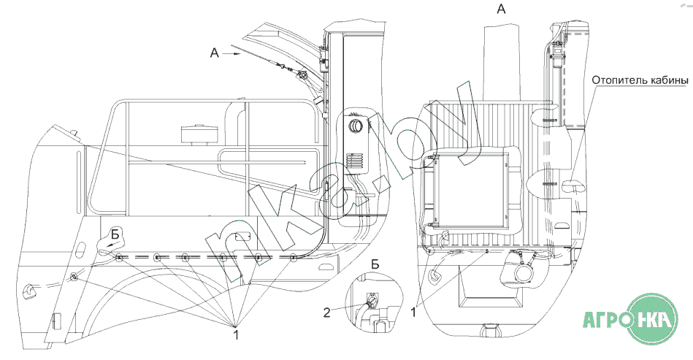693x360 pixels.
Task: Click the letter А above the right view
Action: coord(501,8)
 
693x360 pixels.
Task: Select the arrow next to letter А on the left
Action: coord(231,53)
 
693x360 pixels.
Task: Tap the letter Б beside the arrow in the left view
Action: coord(115,234)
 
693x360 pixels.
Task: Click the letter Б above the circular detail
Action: coord(375,264)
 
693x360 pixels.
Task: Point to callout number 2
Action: coord(326,313)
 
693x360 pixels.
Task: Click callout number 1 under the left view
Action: coord(237,334)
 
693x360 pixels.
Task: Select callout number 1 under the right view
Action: coord(413,312)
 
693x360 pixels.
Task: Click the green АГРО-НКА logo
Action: coord(630,318)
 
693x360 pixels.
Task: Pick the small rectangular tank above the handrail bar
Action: coord(199,134)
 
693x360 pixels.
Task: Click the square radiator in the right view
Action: coord(470,190)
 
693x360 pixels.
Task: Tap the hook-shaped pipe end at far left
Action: coord(29,290)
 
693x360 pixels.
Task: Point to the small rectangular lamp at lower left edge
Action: coord(56,321)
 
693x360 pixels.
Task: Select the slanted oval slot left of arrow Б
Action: coord(81,250)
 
